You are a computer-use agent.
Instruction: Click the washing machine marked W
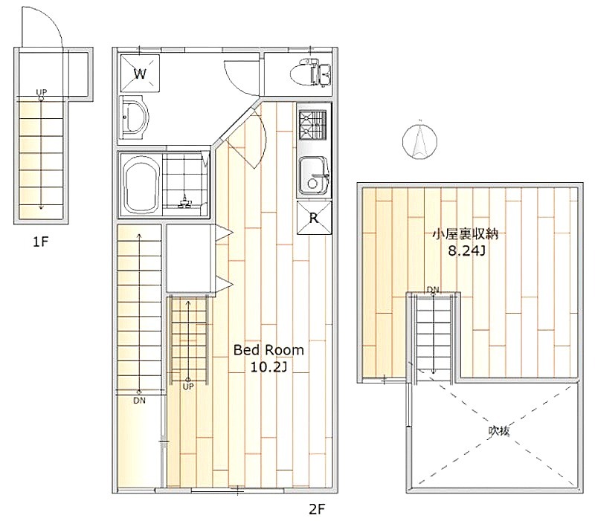140,74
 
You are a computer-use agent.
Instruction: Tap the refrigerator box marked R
314,218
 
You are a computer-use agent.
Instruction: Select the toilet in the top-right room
311,72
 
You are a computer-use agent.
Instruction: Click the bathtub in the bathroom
141,186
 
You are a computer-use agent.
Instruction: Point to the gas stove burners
312,124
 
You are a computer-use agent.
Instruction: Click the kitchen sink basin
314,176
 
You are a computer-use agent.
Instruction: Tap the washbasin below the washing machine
133,117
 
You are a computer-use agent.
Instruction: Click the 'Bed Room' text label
268,350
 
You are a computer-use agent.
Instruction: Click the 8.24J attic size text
466,250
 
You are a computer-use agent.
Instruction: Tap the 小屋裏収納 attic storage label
466,234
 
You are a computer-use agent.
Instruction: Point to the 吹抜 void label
498,431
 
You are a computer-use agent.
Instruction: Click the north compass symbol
419,141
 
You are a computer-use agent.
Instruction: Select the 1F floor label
41,242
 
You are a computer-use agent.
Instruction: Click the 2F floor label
317,509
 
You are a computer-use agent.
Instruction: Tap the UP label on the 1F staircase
41,91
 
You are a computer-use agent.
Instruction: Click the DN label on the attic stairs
433,290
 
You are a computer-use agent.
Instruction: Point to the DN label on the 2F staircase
139,401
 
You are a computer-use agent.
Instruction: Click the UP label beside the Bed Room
188,386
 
